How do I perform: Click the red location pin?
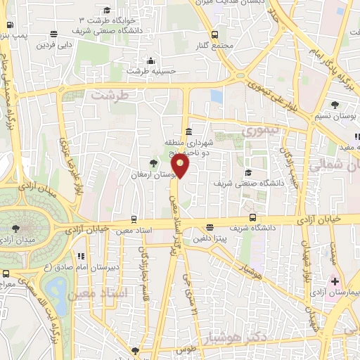tap(181, 166)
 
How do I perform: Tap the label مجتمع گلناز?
tap(215, 47)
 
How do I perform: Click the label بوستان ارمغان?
tap(154, 172)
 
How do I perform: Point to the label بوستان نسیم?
tap(345, 114)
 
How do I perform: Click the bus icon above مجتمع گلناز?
tap(214, 35)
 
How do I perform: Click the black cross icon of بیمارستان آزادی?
tap(335, 281)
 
